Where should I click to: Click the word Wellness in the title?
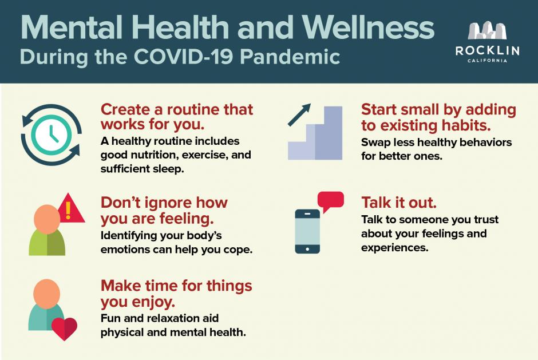point(368,27)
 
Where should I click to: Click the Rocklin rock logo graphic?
point(487,30)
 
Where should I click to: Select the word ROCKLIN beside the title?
point(487,51)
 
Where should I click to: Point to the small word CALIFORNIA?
point(487,61)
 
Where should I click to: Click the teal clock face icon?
point(52,134)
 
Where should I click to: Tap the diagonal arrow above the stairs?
point(299,114)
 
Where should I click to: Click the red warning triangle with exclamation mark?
point(70,208)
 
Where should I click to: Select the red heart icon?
point(64,329)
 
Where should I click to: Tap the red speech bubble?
point(330,201)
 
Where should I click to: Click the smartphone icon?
point(307,231)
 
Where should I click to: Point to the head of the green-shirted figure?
point(47,219)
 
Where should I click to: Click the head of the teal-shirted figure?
point(47,294)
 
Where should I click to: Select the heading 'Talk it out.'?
point(399,203)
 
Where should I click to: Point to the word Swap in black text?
point(375,143)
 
